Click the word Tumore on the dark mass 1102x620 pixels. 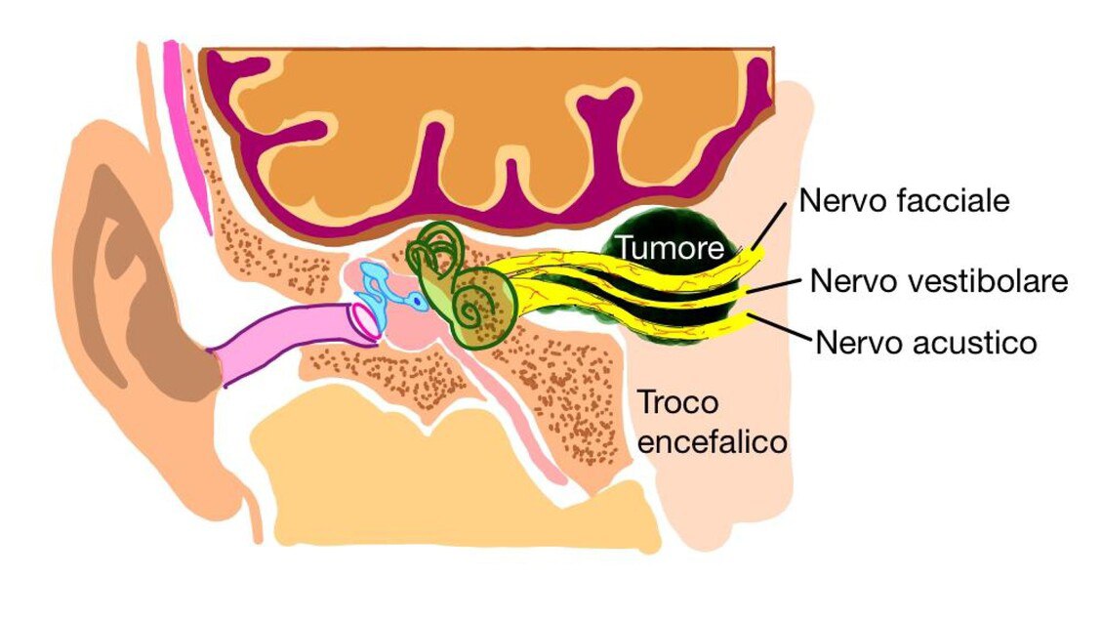[670, 248]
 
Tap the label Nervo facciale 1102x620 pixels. [905, 201]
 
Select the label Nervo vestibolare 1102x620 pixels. [939, 281]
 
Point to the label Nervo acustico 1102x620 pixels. [926, 343]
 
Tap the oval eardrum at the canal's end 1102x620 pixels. [368, 324]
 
